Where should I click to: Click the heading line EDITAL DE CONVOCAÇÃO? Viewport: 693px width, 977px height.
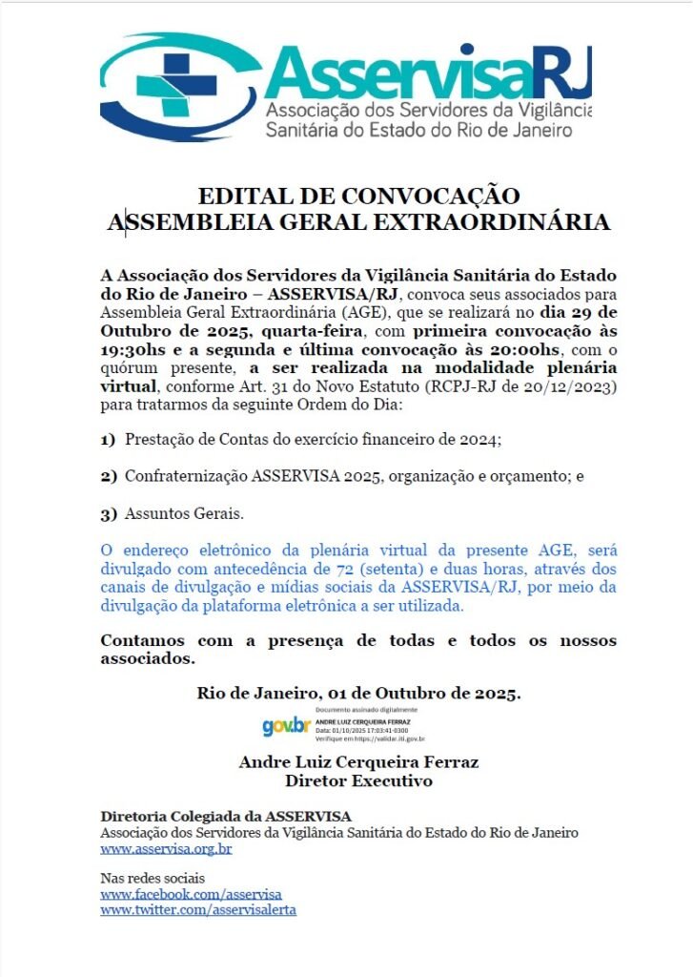(x=358, y=197)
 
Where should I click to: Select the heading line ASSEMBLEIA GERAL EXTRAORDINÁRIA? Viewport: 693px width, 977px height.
(x=358, y=222)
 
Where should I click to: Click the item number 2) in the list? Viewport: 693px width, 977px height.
(x=108, y=475)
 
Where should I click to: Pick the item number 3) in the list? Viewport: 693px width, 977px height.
(x=108, y=513)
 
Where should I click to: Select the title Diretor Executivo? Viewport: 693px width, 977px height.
(x=358, y=780)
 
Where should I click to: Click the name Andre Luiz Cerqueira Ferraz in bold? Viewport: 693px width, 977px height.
(x=358, y=762)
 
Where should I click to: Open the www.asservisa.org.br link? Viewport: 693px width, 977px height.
(x=166, y=848)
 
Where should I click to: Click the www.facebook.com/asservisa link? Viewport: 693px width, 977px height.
(x=191, y=894)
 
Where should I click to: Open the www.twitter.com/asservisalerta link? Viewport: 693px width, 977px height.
(x=198, y=909)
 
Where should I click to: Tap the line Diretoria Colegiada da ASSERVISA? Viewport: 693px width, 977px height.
(x=226, y=816)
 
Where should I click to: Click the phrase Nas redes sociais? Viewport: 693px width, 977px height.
(x=153, y=878)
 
